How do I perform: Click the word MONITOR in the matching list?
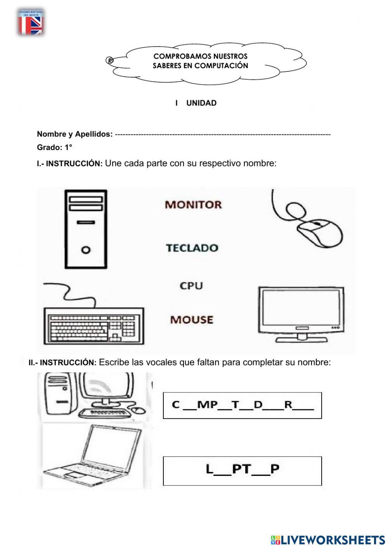(193, 204)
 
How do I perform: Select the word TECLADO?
(192, 248)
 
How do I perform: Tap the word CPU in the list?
(191, 286)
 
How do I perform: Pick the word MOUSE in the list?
(192, 320)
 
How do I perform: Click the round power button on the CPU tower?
(86, 249)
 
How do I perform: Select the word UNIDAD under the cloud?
(201, 103)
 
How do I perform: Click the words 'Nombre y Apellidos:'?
(74, 134)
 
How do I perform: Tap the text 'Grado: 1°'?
(54, 147)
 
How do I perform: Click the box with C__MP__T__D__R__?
(242, 405)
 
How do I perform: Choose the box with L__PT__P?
(242, 471)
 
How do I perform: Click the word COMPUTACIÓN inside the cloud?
(221, 66)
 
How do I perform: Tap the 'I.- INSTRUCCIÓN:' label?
(69, 164)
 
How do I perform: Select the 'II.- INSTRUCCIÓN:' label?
(62, 363)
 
